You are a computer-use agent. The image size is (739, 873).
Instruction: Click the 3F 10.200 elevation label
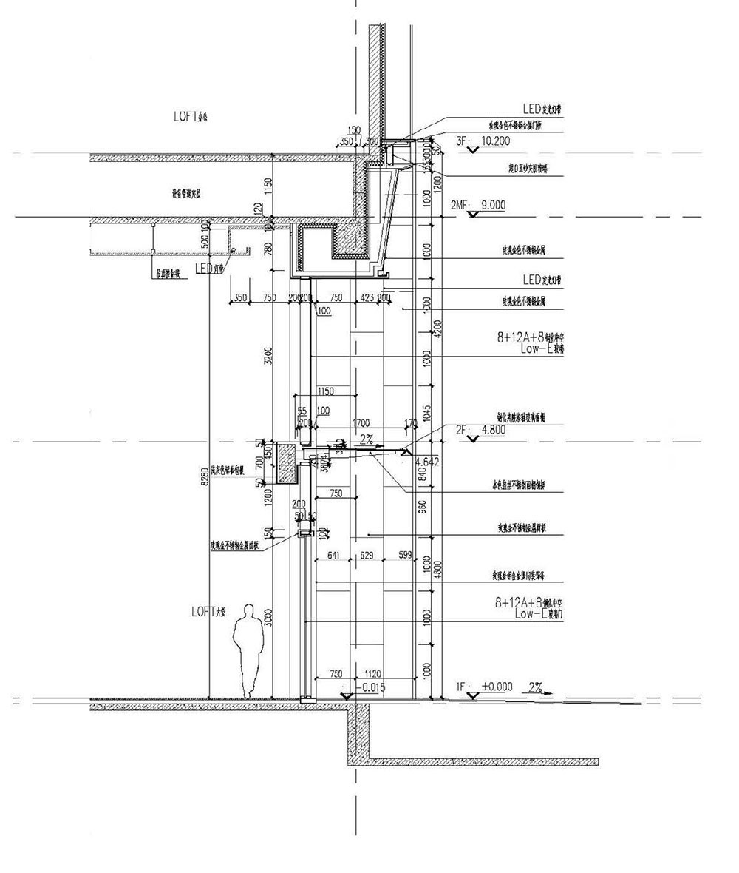[483, 140]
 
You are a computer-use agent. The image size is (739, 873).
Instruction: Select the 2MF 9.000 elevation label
[479, 205]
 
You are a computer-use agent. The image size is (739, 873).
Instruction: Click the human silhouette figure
[248, 651]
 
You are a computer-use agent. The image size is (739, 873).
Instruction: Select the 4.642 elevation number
[428, 462]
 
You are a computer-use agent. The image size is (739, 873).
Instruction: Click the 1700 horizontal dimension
[361, 423]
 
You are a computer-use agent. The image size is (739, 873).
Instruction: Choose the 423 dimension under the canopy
[367, 297]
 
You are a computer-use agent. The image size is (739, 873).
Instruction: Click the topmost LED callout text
[543, 109]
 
